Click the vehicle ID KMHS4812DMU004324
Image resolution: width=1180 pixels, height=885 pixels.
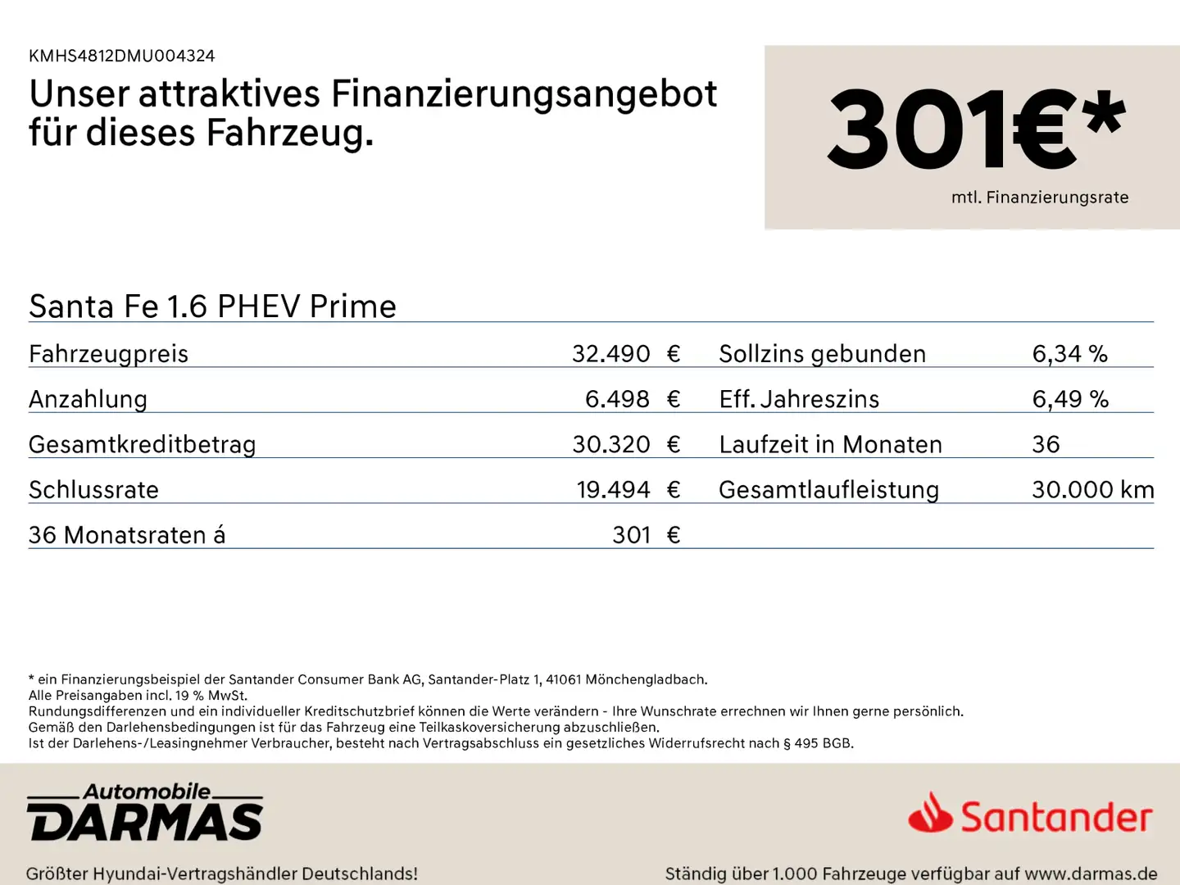pos(121,56)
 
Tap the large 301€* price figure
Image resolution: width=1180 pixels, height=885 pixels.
pos(975,129)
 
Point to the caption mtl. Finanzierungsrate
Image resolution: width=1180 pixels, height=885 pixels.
pos(1039,197)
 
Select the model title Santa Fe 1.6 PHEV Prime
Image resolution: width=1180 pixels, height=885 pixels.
pos(212,306)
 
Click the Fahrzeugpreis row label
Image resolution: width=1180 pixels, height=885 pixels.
pos(108,354)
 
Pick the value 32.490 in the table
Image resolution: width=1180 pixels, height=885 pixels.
pos(610,354)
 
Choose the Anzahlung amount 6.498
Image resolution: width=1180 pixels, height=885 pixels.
pos(616,399)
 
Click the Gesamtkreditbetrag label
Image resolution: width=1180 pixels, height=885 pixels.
pos(142,444)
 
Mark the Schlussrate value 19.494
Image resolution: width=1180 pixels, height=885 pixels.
pos(613,490)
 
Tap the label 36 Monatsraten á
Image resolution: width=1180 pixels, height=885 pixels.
pos(126,535)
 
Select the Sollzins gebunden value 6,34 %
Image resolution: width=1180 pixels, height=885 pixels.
pos(1069,354)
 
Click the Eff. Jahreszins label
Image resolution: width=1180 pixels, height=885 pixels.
pos(799,399)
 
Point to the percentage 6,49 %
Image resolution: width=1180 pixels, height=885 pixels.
pos(1069,399)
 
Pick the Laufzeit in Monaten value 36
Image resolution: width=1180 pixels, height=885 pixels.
pos(1046,444)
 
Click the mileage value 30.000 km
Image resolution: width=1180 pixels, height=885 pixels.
pos(1092,490)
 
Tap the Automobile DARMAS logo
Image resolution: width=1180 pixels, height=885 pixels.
pos(145,813)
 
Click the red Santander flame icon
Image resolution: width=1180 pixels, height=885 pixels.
pos(930,814)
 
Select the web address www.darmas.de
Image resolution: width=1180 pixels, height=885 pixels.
pos(1091,874)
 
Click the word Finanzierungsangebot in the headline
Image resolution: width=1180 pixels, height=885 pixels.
pos(524,94)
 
